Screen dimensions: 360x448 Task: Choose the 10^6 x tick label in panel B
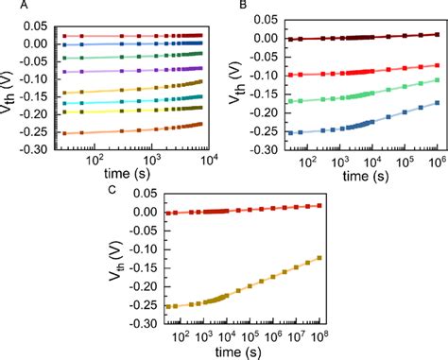tap(437, 162)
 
